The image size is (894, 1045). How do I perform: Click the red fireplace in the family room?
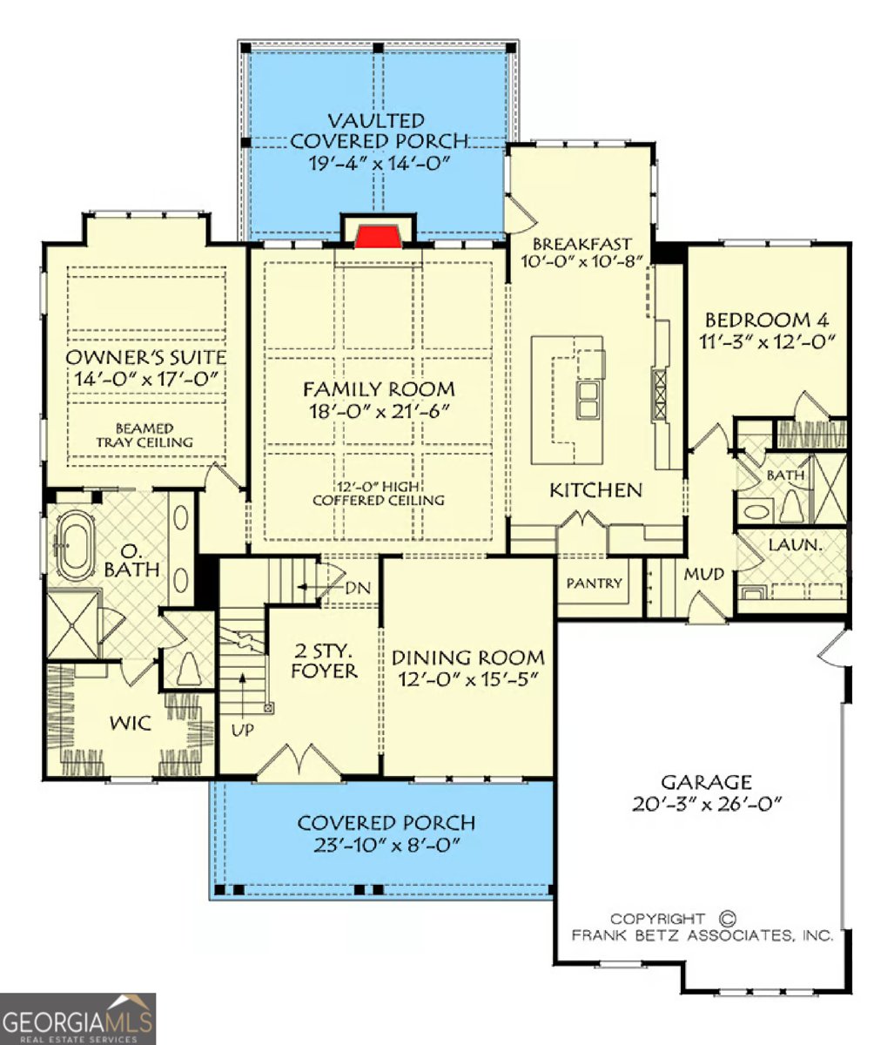point(378,237)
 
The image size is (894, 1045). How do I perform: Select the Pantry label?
point(594,583)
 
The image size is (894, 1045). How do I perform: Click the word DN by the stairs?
point(358,588)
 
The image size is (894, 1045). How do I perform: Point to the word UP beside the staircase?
point(243,730)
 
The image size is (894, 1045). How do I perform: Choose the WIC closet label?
point(130,723)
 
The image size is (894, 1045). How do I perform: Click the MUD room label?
point(704,574)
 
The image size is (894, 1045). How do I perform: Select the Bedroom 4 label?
point(767,320)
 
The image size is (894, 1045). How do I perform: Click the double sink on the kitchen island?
point(587,400)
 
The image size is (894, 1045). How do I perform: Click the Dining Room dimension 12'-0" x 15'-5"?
point(467,679)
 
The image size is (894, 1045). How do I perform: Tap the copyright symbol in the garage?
point(727,918)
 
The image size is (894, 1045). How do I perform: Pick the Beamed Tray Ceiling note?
point(145,435)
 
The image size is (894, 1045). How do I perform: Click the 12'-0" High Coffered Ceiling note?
point(378,494)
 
